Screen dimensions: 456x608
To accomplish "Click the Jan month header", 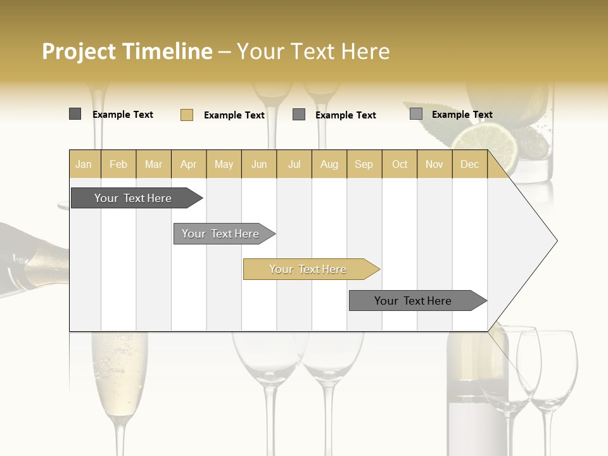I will pos(84,164).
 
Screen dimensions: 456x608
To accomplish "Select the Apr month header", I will pos(189,164).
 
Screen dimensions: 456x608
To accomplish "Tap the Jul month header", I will pos(294,164).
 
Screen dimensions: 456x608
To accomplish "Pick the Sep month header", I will pos(364,164).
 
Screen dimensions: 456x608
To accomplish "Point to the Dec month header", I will pos(469,164).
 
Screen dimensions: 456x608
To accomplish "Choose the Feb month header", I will pos(118,164).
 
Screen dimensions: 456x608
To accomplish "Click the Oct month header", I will pos(400,164).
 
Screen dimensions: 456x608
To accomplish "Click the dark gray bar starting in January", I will pos(133,198).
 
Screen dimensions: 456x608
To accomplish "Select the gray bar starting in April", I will pos(220,234).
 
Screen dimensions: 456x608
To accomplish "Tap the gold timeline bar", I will pos(308,269).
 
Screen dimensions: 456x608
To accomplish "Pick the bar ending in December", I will pos(413,301).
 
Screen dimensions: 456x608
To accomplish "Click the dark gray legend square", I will pos(75,114).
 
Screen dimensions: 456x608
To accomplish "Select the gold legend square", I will pos(186,115).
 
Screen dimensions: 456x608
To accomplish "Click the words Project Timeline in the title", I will pos(127,51).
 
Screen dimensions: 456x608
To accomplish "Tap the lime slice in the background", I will pos(493,143).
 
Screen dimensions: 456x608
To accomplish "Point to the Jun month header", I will pos(259,164).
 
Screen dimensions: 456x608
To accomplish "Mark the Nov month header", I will pos(434,164).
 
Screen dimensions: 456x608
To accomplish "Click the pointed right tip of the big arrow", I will pos(555,241).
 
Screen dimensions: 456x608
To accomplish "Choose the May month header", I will pos(224,164).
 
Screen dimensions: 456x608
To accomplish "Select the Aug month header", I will pos(329,164).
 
